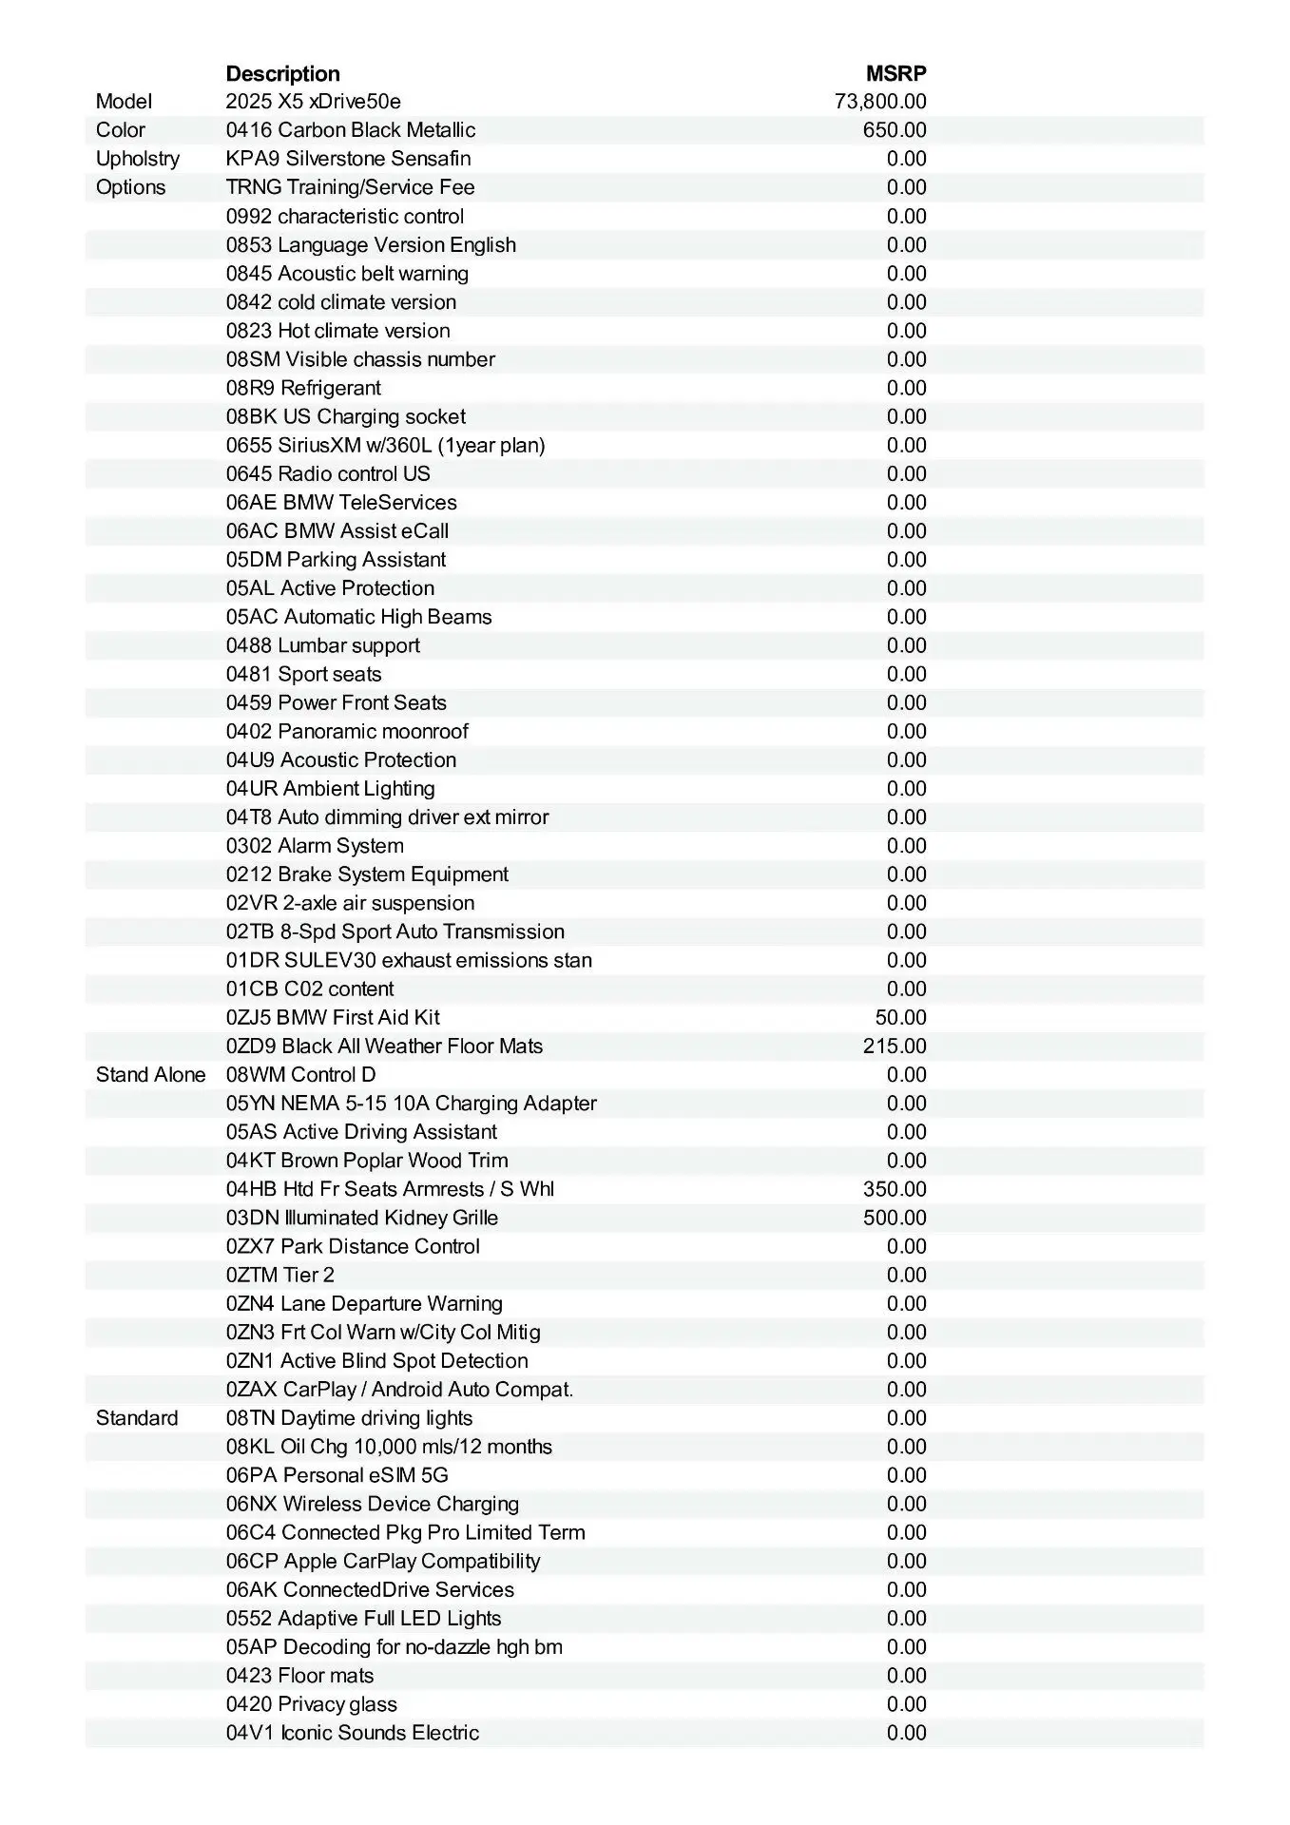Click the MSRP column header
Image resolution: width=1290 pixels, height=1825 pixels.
895,73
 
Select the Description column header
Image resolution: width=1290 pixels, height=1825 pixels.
282,73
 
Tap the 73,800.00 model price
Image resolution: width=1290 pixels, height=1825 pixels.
880,102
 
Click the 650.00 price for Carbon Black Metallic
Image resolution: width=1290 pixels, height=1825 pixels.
895,130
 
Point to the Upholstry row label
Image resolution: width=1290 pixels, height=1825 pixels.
137,159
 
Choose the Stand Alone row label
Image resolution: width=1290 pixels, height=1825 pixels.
150,1075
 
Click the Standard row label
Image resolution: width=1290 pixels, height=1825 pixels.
137,1418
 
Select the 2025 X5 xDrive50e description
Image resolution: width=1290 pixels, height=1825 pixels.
313,102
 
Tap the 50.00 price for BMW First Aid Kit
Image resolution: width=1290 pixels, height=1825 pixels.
900,1018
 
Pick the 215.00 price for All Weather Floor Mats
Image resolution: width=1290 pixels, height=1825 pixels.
895,1047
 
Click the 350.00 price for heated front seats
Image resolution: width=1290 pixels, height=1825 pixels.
895,1189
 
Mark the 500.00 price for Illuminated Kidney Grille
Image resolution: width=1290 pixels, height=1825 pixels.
895,1218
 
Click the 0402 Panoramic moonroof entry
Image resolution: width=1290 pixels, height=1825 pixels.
347,732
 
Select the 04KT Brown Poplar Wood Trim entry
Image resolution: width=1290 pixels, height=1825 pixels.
367,1161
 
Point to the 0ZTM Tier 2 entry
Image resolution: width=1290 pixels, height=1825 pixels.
280,1276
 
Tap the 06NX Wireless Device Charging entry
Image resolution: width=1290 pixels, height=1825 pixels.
373,1504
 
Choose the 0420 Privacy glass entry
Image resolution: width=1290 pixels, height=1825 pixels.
312,1704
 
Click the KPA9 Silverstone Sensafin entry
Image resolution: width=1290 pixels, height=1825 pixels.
348,159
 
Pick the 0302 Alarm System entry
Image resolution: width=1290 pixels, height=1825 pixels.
315,846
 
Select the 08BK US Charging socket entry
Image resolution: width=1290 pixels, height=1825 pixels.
346,416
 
